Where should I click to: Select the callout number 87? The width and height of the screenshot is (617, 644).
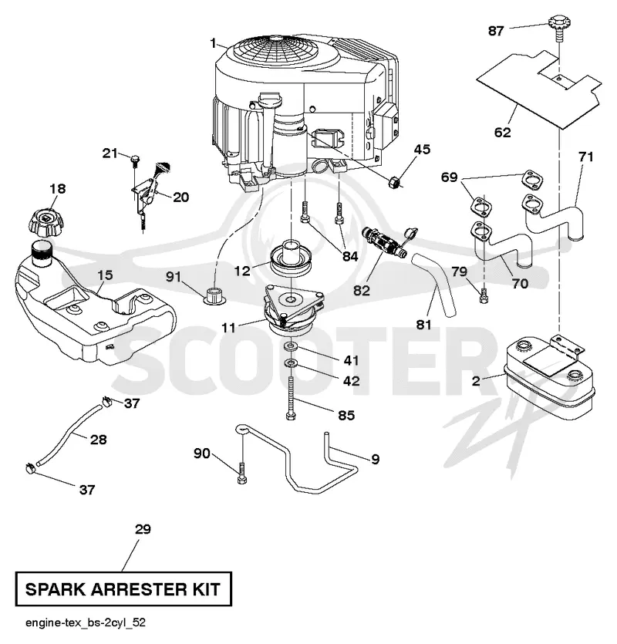tap(496, 31)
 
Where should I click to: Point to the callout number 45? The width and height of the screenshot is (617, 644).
tap(422, 149)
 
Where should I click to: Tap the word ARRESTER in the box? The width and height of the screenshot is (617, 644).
tap(137, 589)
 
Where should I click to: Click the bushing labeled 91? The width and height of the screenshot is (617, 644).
tap(215, 296)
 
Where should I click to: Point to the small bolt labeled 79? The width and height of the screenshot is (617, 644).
tap(484, 295)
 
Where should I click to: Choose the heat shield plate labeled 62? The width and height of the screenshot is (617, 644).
tap(539, 87)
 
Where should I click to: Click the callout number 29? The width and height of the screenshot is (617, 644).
tap(143, 529)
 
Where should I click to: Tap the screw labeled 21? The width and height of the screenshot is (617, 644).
tap(134, 161)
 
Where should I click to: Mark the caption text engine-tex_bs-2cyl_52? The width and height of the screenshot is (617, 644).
tap(86, 622)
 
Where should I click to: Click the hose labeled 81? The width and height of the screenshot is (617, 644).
tap(435, 285)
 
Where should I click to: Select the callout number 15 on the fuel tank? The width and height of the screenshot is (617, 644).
tap(105, 275)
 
